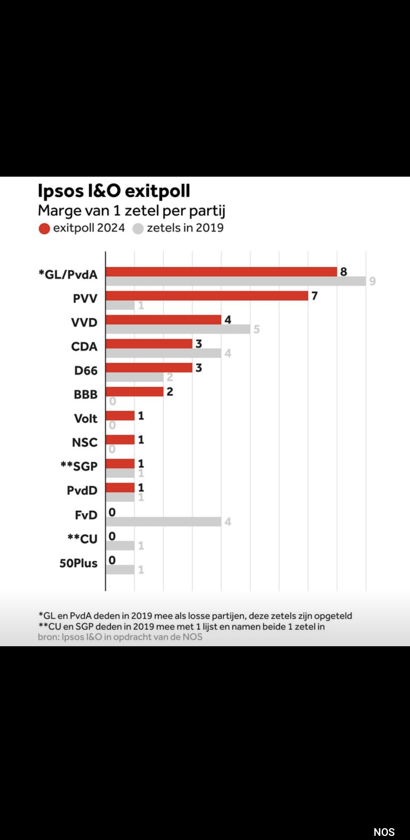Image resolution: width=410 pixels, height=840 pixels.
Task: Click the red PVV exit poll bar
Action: pyautogui.click(x=207, y=296)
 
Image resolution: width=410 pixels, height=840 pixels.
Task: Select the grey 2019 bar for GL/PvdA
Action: pyautogui.click(x=235, y=281)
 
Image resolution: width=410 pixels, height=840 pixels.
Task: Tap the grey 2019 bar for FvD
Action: pyautogui.click(x=163, y=522)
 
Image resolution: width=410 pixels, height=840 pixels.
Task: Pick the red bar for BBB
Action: pyautogui.click(x=134, y=391)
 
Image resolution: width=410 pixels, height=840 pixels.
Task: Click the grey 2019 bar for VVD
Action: pyautogui.click(x=178, y=329)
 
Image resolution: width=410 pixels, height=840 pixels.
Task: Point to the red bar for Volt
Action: pyautogui.click(x=120, y=416)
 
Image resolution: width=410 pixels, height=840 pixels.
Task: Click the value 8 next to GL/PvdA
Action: pyautogui.click(x=344, y=272)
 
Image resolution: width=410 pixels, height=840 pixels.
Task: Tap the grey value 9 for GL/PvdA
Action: pyautogui.click(x=372, y=281)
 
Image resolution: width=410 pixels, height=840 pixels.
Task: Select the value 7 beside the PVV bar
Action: pyautogui.click(x=314, y=296)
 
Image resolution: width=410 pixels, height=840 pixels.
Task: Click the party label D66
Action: pyautogui.click(x=86, y=370)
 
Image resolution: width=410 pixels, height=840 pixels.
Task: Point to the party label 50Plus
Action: pyautogui.click(x=78, y=563)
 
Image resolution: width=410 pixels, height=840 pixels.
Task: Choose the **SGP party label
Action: pyautogui.click(x=79, y=466)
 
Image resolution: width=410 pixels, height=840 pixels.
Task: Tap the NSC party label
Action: pyautogui.click(x=85, y=442)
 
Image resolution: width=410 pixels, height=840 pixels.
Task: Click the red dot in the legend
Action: pyautogui.click(x=44, y=229)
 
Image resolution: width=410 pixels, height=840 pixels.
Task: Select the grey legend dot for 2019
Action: pyautogui.click(x=138, y=229)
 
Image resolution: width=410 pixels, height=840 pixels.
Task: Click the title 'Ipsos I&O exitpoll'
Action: pyautogui.click(x=114, y=191)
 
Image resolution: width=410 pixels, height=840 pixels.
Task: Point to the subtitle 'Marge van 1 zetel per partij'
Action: pyautogui.click(x=131, y=210)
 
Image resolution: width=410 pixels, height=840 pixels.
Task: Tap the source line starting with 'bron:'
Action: pyautogui.click(x=120, y=637)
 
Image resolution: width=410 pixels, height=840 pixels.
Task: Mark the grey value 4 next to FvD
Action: pyautogui.click(x=228, y=522)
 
